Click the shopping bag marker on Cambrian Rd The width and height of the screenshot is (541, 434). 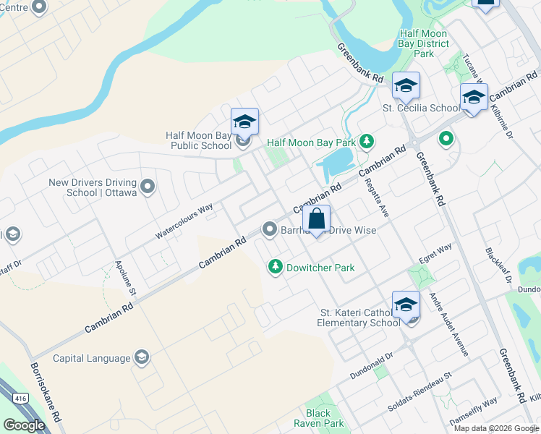tap(317, 219)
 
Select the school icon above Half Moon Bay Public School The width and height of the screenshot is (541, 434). tap(244, 122)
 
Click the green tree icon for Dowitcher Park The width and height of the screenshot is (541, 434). tap(276, 267)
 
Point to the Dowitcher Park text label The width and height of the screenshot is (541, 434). tap(320, 268)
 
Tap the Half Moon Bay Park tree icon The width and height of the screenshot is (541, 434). tap(367, 141)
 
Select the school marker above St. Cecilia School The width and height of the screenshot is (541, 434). tap(406, 87)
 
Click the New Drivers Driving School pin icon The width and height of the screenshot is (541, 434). tap(148, 187)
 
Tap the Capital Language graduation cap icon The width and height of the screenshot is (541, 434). tap(142, 357)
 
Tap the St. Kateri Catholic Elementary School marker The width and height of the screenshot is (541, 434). tap(406, 305)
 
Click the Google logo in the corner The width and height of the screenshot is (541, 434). tap(24, 425)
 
